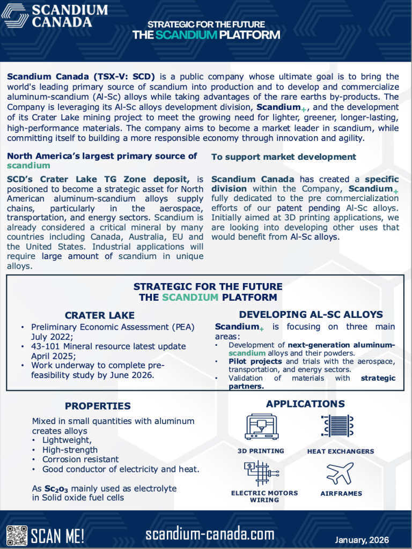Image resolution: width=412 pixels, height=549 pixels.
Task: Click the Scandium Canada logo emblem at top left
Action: tap(16, 15)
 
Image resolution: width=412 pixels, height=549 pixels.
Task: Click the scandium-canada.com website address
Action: tap(210, 534)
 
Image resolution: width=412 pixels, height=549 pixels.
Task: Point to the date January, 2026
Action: tap(362, 539)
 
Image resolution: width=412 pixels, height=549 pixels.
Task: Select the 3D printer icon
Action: tap(261, 427)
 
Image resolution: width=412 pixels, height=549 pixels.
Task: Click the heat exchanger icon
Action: tap(337, 427)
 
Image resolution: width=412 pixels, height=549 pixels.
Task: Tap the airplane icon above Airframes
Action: tap(340, 474)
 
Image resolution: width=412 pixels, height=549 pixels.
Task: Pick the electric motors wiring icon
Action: tap(261, 474)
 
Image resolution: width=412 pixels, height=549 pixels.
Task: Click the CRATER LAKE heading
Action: tap(100, 315)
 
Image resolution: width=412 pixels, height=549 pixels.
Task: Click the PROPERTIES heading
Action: tap(98, 406)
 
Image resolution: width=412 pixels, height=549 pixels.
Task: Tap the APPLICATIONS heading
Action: tap(305, 404)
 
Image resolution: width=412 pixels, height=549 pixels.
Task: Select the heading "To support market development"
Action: tap(284, 157)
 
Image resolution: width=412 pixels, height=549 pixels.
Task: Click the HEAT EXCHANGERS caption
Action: tap(341, 451)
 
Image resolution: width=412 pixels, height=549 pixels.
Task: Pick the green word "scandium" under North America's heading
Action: tap(28, 166)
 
